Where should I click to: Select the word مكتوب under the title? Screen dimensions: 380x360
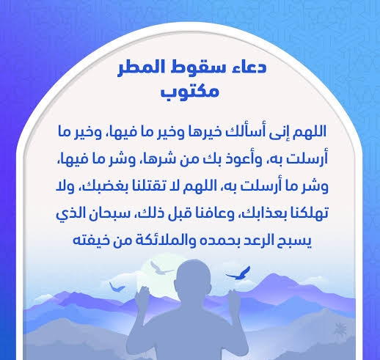[189, 92]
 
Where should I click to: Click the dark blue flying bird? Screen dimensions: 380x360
[238, 273]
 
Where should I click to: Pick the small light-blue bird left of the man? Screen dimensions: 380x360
[117, 287]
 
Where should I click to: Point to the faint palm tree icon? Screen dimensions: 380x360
[340, 328]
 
